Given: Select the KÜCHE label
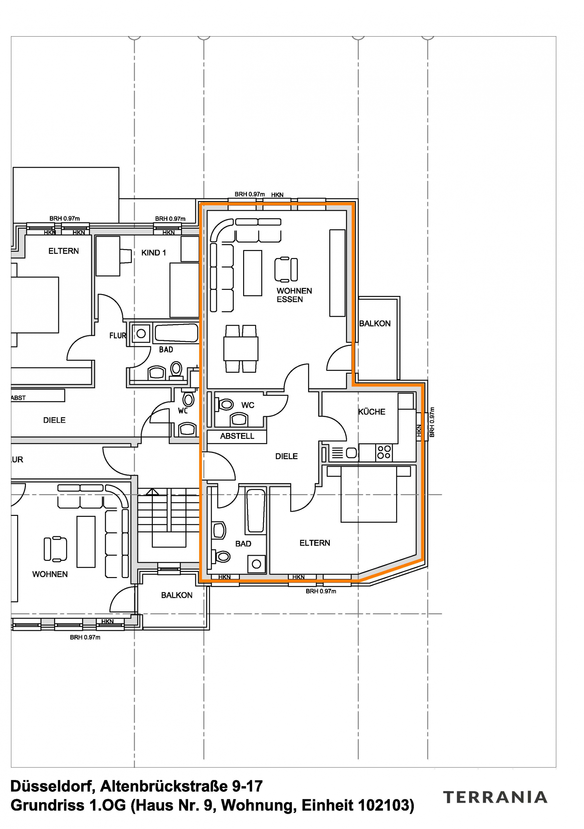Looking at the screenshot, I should coord(371,412).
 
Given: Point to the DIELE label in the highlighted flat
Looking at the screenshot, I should coord(286,456).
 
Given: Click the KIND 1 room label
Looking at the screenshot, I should coord(153,253).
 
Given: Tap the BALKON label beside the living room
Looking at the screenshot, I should coord(375,324).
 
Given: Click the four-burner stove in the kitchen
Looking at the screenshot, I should coord(383,452).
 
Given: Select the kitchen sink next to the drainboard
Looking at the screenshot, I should coord(351,453).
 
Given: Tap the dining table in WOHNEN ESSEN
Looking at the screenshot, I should coord(241,348).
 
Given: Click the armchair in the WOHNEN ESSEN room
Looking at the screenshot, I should coord(286,269).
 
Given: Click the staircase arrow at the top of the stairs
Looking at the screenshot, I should coord(152,492).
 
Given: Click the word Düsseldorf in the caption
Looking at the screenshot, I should coord(52,786).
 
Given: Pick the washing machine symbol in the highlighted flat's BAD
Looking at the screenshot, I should coord(256,564).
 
